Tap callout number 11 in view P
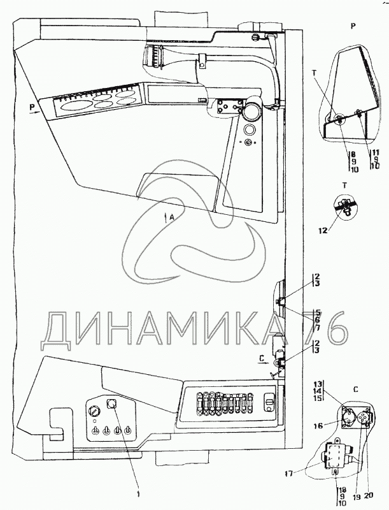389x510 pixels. [x=376, y=153]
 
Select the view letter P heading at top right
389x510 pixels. [x=353, y=25]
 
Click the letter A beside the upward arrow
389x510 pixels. [x=172, y=217]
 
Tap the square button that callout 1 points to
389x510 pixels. [x=113, y=404]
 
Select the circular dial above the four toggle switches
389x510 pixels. [x=94, y=411]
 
